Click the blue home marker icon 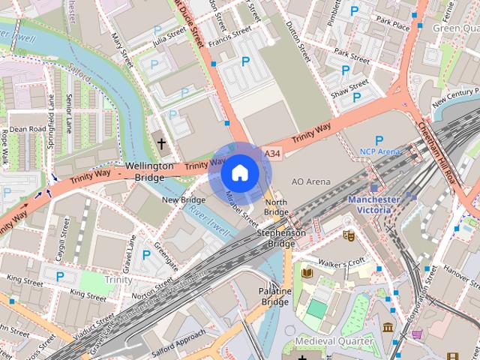pos(239,172)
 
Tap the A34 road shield pos(273,153)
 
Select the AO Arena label pos(310,181)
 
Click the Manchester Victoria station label pos(373,205)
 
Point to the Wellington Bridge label pos(149,171)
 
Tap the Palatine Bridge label pos(274,295)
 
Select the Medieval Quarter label pos(334,341)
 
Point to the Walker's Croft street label pos(342,262)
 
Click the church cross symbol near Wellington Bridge pos(160,142)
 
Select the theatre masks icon pos(348,235)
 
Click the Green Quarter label pos(455,28)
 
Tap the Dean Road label pos(28,129)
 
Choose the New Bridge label pos(184,200)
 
